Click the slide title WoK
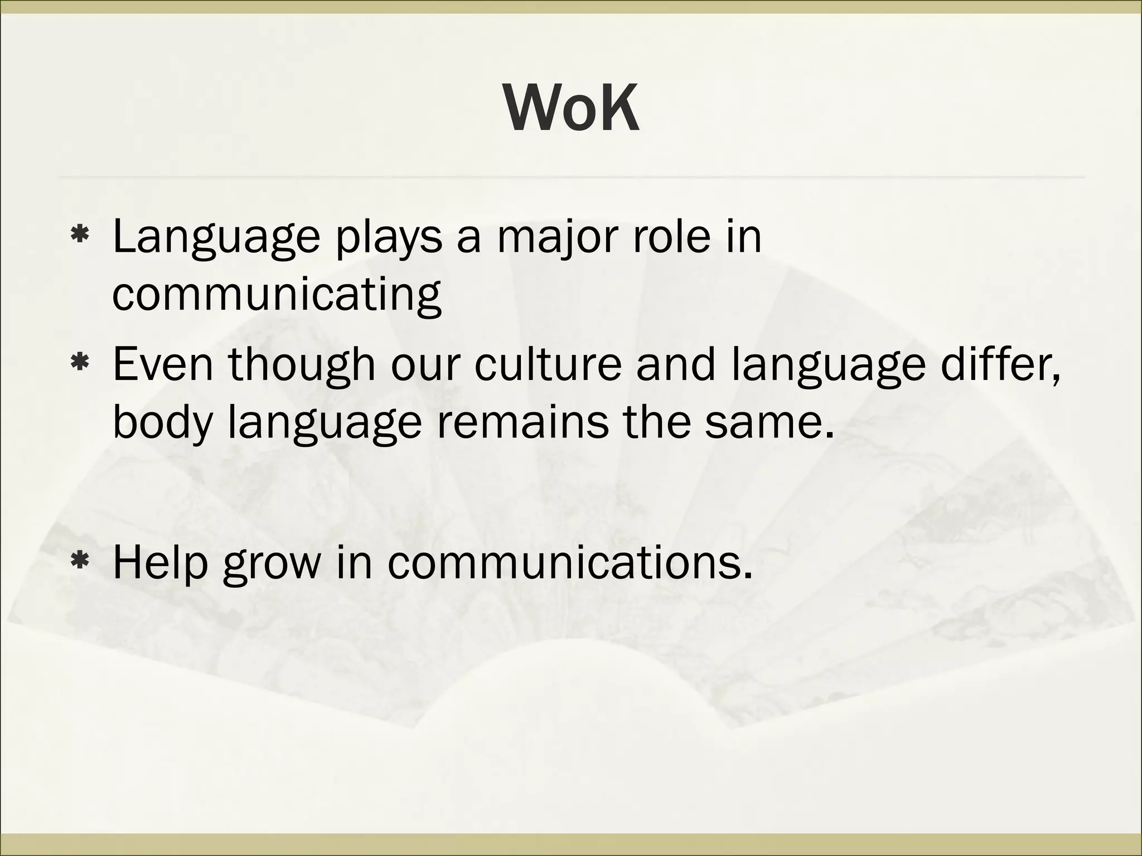(x=572, y=109)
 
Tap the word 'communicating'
(x=277, y=295)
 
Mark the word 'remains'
(x=521, y=422)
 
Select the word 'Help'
(x=160, y=563)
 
